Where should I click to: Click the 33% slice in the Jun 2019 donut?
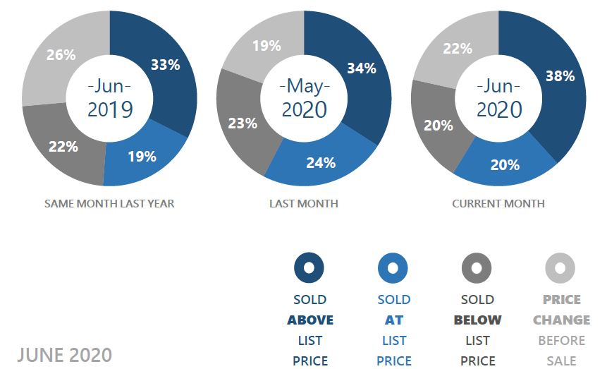(x=165, y=65)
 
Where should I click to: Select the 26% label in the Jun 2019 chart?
(x=61, y=54)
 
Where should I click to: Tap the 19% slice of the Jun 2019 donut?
(x=142, y=157)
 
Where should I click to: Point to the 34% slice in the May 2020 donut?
(x=360, y=68)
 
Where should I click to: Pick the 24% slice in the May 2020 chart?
(x=320, y=162)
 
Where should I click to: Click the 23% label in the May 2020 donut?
(x=243, y=123)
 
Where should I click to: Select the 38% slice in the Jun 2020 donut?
(x=559, y=76)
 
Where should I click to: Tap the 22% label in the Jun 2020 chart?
(x=458, y=48)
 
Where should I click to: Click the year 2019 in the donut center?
(x=109, y=109)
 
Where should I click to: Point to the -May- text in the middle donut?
(x=304, y=87)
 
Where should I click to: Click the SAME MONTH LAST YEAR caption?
(x=109, y=204)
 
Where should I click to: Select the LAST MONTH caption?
(x=304, y=204)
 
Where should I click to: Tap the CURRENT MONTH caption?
(x=498, y=204)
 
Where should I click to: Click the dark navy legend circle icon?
(x=309, y=268)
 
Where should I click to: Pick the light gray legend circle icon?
(x=560, y=268)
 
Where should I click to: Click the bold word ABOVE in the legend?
(x=310, y=320)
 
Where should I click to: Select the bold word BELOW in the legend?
(x=477, y=320)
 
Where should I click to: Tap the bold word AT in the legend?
(x=393, y=320)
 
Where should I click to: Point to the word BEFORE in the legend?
(x=561, y=340)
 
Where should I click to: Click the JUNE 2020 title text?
(x=65, y=354)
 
